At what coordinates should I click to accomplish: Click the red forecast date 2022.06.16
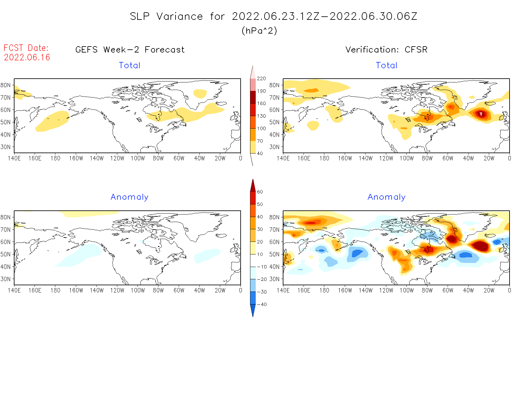point(27,57)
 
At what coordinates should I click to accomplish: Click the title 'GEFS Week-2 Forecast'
point(130,50)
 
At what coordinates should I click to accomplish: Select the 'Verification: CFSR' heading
point(386,50)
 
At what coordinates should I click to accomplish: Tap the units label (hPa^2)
point(259,31)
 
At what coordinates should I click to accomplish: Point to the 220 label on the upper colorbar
point(261,79)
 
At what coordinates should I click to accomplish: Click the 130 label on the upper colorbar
point(261,116)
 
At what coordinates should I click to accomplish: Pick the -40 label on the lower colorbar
point(262,304)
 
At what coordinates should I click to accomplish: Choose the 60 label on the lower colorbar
point(260,192)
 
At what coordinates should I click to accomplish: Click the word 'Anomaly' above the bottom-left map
point(129,197)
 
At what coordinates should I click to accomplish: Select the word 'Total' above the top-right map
point(387,65)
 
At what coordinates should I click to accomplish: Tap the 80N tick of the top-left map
point(5,85)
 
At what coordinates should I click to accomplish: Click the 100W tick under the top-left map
point(138,159)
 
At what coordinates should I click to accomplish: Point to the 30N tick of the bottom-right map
point(274,279)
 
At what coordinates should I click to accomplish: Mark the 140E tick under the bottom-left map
point(14,291)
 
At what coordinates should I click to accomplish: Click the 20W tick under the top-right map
point(489,159)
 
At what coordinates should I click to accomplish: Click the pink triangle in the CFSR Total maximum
point(481,114)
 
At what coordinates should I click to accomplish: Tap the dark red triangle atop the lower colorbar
point(253,186)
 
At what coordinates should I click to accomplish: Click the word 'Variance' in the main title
point(180,16)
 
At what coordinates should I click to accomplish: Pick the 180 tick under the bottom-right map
point(324,291)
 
